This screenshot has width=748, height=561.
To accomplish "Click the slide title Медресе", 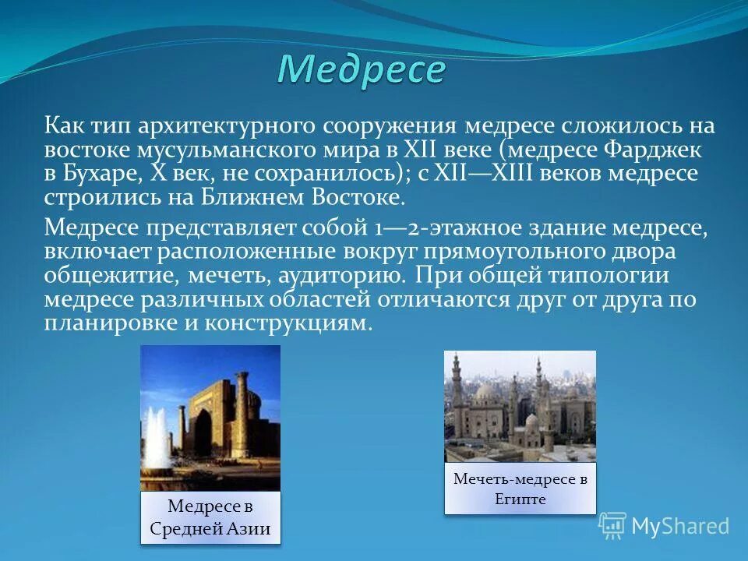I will pos(361,70).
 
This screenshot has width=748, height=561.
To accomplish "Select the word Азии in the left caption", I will pos(250,530).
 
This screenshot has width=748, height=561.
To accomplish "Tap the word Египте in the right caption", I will pos(520,499).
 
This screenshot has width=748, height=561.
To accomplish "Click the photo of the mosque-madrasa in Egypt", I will pos(520,405).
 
